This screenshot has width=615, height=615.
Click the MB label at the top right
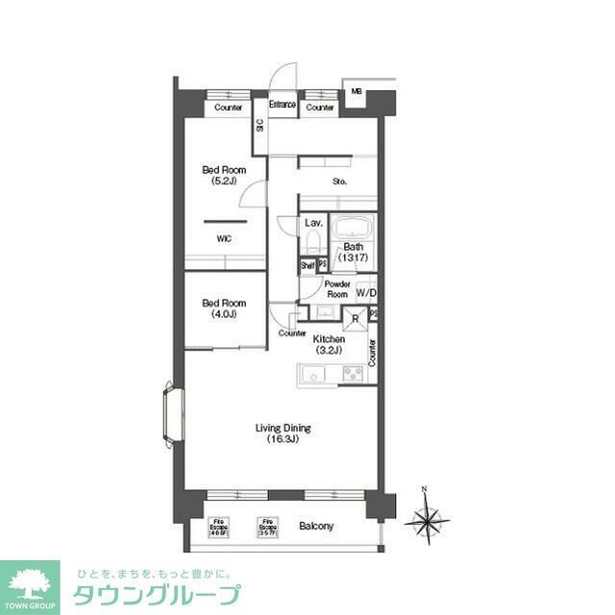tap(356, 92)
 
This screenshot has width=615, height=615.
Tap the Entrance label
tap(283, 105)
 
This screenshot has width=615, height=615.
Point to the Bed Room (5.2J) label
tap(223, 176)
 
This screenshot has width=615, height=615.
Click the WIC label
tap(223, 238)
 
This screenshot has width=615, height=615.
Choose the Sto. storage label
tap(339, 182)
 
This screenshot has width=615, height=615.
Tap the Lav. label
tap(312, 223)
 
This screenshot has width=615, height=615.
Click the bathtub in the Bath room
tap(351, 231)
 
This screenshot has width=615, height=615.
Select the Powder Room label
tap(335, 289)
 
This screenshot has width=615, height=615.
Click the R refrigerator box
tap(355, 319)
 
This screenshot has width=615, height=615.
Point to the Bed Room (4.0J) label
tap(219, 308)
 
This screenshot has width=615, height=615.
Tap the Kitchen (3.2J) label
tap(329, 344)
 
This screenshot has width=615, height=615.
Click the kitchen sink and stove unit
tap(332, 375)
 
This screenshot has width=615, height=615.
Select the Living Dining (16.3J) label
tap(283, 434)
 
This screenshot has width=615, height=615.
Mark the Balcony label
tap(315, 527)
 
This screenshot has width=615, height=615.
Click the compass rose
tap(429, 522)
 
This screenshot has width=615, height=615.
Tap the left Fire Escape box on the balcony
tap(219, 527)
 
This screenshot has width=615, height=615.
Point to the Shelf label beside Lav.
tap(307, 265)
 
